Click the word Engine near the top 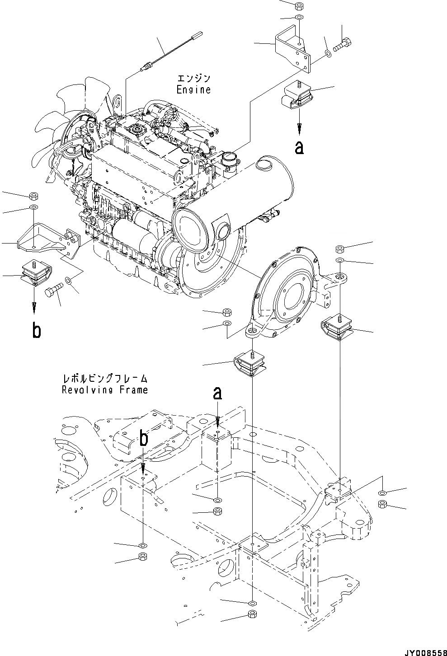[193, 89]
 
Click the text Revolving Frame [105, 389]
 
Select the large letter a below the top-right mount [299, 147]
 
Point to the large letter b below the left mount [36, 331]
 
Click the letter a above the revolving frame [217, 394]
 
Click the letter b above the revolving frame [143, 439]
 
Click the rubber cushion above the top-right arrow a [297, 97]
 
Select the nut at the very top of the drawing [299, 6]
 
